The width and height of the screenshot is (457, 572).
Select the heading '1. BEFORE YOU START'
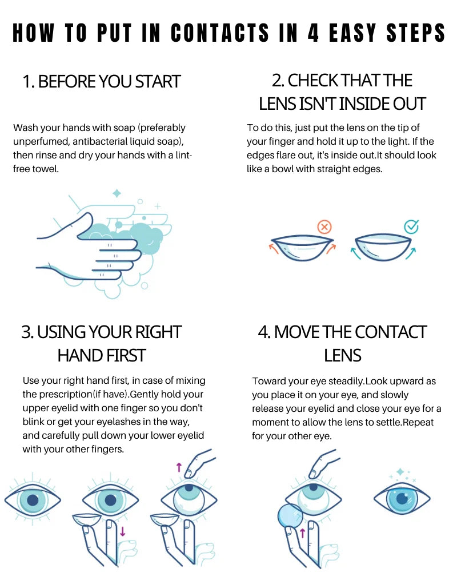(102, 81)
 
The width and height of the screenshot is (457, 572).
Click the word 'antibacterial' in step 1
(115, 141)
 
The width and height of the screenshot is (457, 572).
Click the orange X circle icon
(324, 227)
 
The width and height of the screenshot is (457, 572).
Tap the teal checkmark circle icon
(411, 227)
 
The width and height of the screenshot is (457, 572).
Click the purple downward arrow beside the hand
(122, 531)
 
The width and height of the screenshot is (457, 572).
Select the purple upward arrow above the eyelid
(179, 467)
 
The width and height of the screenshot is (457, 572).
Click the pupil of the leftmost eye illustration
(33, 500)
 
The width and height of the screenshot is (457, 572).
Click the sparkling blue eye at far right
(402, 499)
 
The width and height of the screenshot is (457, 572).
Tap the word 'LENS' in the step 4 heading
(343, 355)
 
